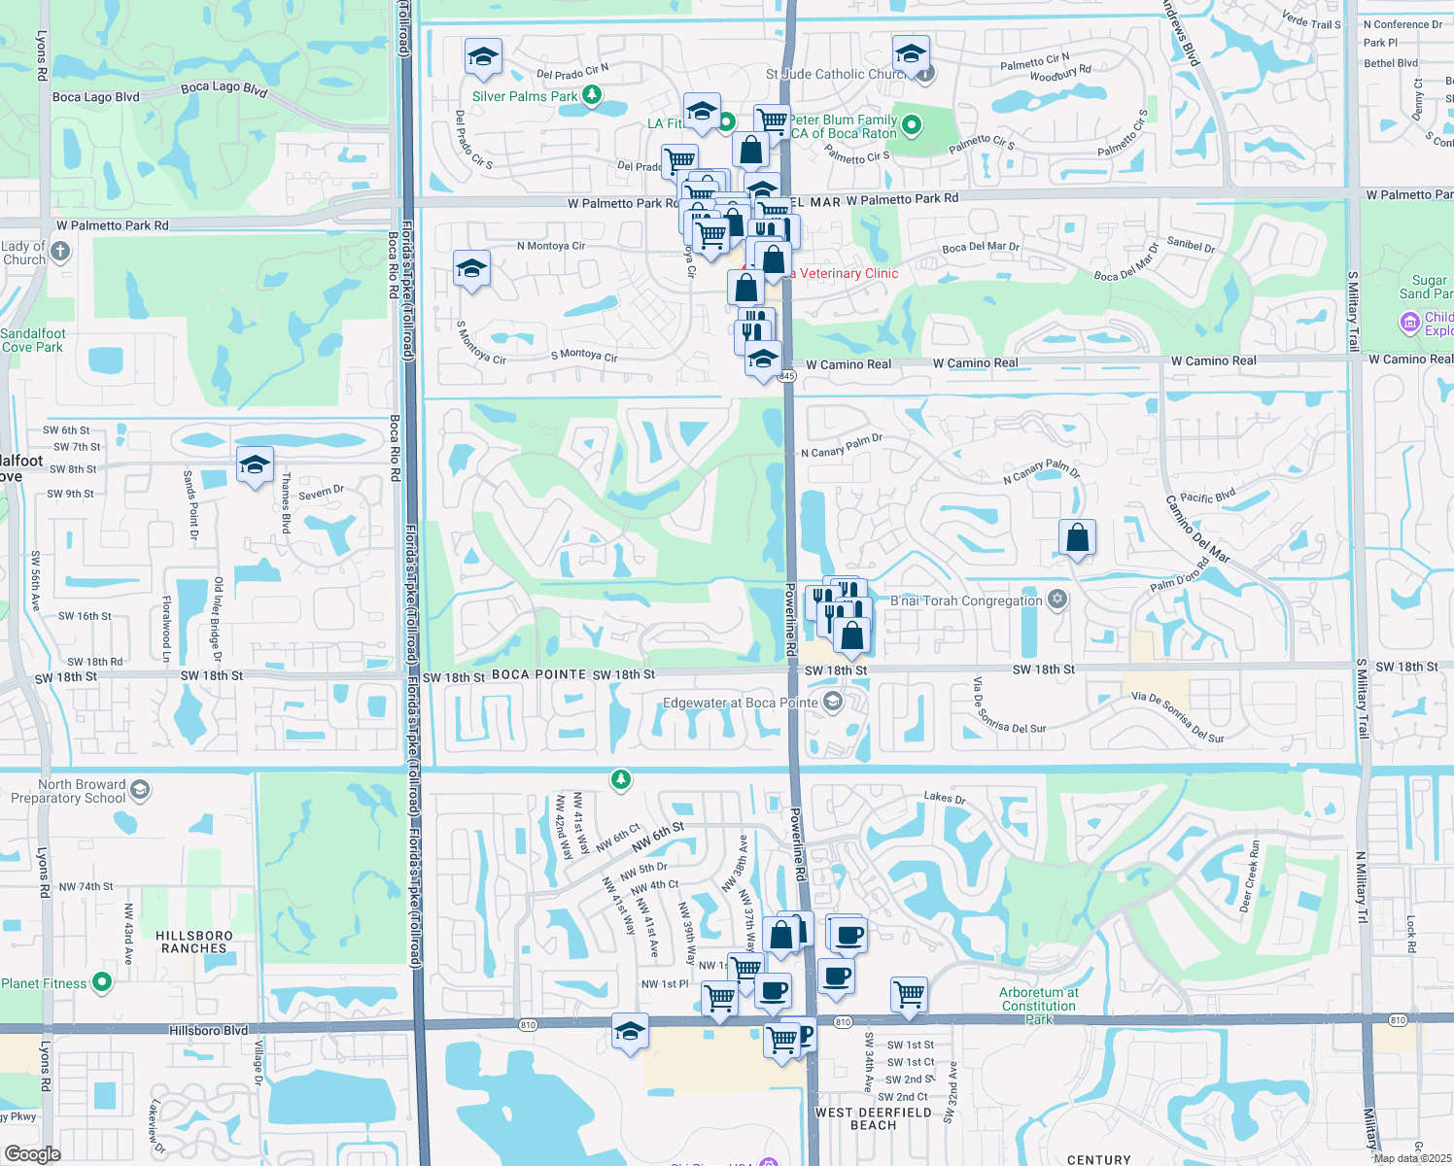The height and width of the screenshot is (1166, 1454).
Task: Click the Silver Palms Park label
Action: [x=524, y=96]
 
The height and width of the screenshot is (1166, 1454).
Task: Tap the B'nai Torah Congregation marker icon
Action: [x=1057, y=600]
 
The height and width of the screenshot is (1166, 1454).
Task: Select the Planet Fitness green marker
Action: [x=101, y=982]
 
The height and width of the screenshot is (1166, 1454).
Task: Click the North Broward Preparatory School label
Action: [x=68, y=791]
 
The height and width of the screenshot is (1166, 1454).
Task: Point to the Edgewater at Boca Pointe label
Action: [x=740, y=703]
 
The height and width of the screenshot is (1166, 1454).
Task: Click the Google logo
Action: [x=32, y=1153]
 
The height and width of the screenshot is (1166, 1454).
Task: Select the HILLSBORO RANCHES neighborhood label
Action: [x=194, y=942]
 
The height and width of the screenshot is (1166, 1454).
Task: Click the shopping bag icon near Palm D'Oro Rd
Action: [x=1077, y=537]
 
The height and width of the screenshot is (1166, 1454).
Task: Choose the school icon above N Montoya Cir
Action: [x=471, y=269]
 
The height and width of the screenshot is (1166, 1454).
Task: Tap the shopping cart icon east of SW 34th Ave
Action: [x=909, y=994]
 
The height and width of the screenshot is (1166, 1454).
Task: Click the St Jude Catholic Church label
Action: [x=836, y=74]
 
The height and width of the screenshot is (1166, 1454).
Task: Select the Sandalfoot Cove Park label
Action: [x=33, y=340]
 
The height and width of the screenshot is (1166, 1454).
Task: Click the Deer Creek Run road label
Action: [x=1250, y=876]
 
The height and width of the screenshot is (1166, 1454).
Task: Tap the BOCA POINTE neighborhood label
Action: [x=538, y=674]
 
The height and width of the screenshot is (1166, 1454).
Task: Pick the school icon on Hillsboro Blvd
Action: [x=630, y=1031]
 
